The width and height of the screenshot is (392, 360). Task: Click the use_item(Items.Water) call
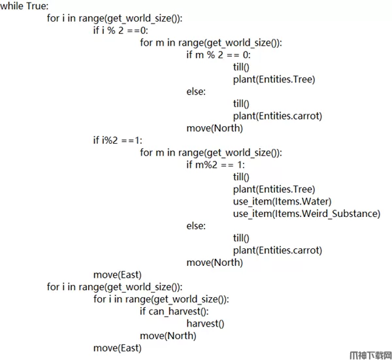[282, 201]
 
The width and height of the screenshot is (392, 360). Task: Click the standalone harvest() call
[205, 323]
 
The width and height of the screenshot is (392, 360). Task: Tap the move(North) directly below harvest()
[168, 336]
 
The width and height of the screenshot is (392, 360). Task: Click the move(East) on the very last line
[118, 348]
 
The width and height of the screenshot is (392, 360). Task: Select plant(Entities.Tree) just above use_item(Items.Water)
[274, 189]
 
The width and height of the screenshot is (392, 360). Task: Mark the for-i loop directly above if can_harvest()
[161, 299]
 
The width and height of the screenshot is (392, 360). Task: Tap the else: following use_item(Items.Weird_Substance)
[195, 226]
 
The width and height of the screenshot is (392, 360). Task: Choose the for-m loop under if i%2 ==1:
[211, 152]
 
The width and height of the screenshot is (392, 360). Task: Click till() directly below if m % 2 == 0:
[241, 67]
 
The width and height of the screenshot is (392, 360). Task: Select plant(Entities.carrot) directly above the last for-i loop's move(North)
[277, 250]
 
